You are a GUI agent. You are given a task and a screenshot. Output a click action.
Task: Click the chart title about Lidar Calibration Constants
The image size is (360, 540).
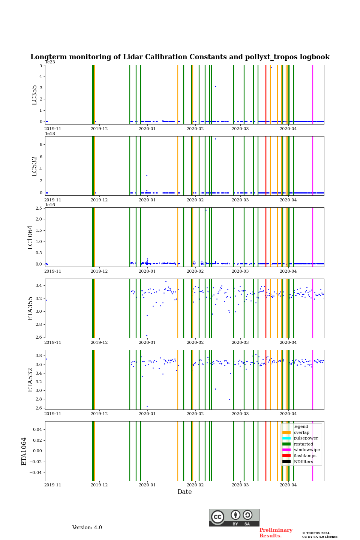pos(180,57)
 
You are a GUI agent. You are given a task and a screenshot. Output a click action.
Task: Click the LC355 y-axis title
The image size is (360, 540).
pos(34,95)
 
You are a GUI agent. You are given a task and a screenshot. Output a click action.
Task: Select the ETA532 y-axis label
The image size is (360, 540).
pos(30,380)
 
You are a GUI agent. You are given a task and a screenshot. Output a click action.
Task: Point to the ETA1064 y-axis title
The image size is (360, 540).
pos(24,451)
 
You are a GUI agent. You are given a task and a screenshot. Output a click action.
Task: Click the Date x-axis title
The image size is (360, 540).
pos(184,492)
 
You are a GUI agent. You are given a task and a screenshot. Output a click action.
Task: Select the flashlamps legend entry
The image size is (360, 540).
pos(305,456)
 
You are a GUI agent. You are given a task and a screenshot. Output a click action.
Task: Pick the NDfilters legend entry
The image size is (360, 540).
pos(303,462)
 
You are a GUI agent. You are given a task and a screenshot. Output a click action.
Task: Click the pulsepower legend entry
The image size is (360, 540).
pos(306,438)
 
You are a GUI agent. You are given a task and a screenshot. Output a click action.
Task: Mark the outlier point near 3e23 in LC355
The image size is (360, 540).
pos(215,86)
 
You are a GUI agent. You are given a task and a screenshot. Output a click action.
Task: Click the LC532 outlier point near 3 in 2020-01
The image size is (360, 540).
pos(147,175)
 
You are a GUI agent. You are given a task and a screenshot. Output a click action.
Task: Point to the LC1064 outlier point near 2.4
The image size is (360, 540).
pos(206,210)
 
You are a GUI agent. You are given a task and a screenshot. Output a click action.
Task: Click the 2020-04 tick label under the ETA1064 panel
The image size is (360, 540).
pos(288,485)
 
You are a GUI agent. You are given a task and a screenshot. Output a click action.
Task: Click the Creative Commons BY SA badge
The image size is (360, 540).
pos(234,517)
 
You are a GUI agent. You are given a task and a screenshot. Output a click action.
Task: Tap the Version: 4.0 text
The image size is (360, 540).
pos(87,528)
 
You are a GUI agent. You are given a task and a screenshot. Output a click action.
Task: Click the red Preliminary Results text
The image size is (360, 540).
pos(276,533)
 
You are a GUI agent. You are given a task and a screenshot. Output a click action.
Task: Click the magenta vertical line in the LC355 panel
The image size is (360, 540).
pos(313,94)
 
